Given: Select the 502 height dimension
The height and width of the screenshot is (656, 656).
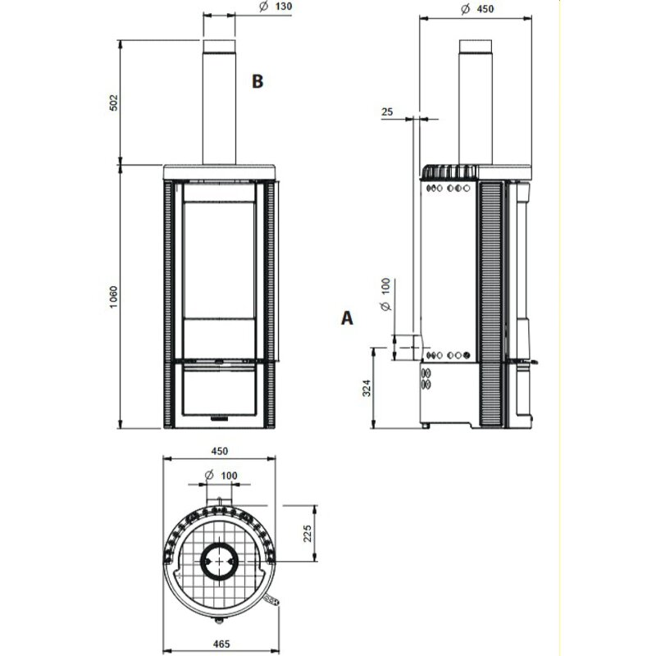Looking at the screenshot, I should pyautogui.click(x=115, y=102).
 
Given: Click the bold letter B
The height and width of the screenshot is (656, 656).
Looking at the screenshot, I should pyautogui.click(x=257, y=81).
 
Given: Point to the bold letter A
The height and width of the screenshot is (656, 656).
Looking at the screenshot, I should pyautogui.click(x=348, y=318).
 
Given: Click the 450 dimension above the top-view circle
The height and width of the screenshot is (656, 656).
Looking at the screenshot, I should pyautogui.click(x=219, y=451).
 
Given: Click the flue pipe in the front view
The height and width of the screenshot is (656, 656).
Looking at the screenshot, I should pyautogui.click(x=219, y=102).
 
